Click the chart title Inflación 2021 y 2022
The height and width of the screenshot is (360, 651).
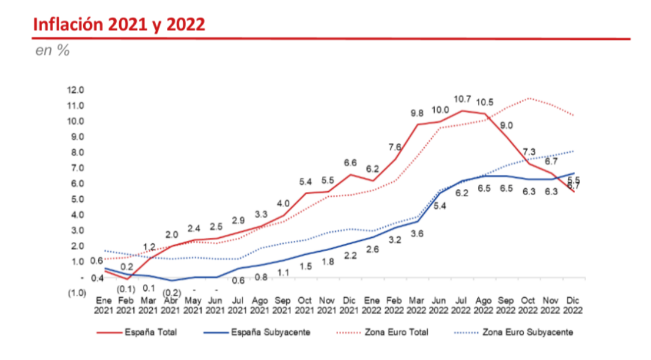[x=119, y=25]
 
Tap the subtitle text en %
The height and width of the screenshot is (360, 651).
[x=53, y=51]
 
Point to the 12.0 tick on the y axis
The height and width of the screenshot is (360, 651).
[x=76, y=90]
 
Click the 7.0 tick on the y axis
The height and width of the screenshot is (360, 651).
[x=76, y=168]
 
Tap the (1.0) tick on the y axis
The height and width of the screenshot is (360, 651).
[x=76, y=293]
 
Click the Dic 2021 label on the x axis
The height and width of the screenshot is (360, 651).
[x=349, y=305]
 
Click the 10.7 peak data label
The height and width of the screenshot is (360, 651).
[x=462, y=99]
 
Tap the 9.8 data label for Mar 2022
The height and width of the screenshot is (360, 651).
[x=417, y=113]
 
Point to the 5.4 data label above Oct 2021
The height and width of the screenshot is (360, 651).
[x=305, y=182]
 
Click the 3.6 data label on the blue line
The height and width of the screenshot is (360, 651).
[x=417, y=233]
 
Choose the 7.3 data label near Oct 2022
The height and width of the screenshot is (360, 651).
[x=529, y=152]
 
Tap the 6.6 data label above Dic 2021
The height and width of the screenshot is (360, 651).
[x=350, y=163]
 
